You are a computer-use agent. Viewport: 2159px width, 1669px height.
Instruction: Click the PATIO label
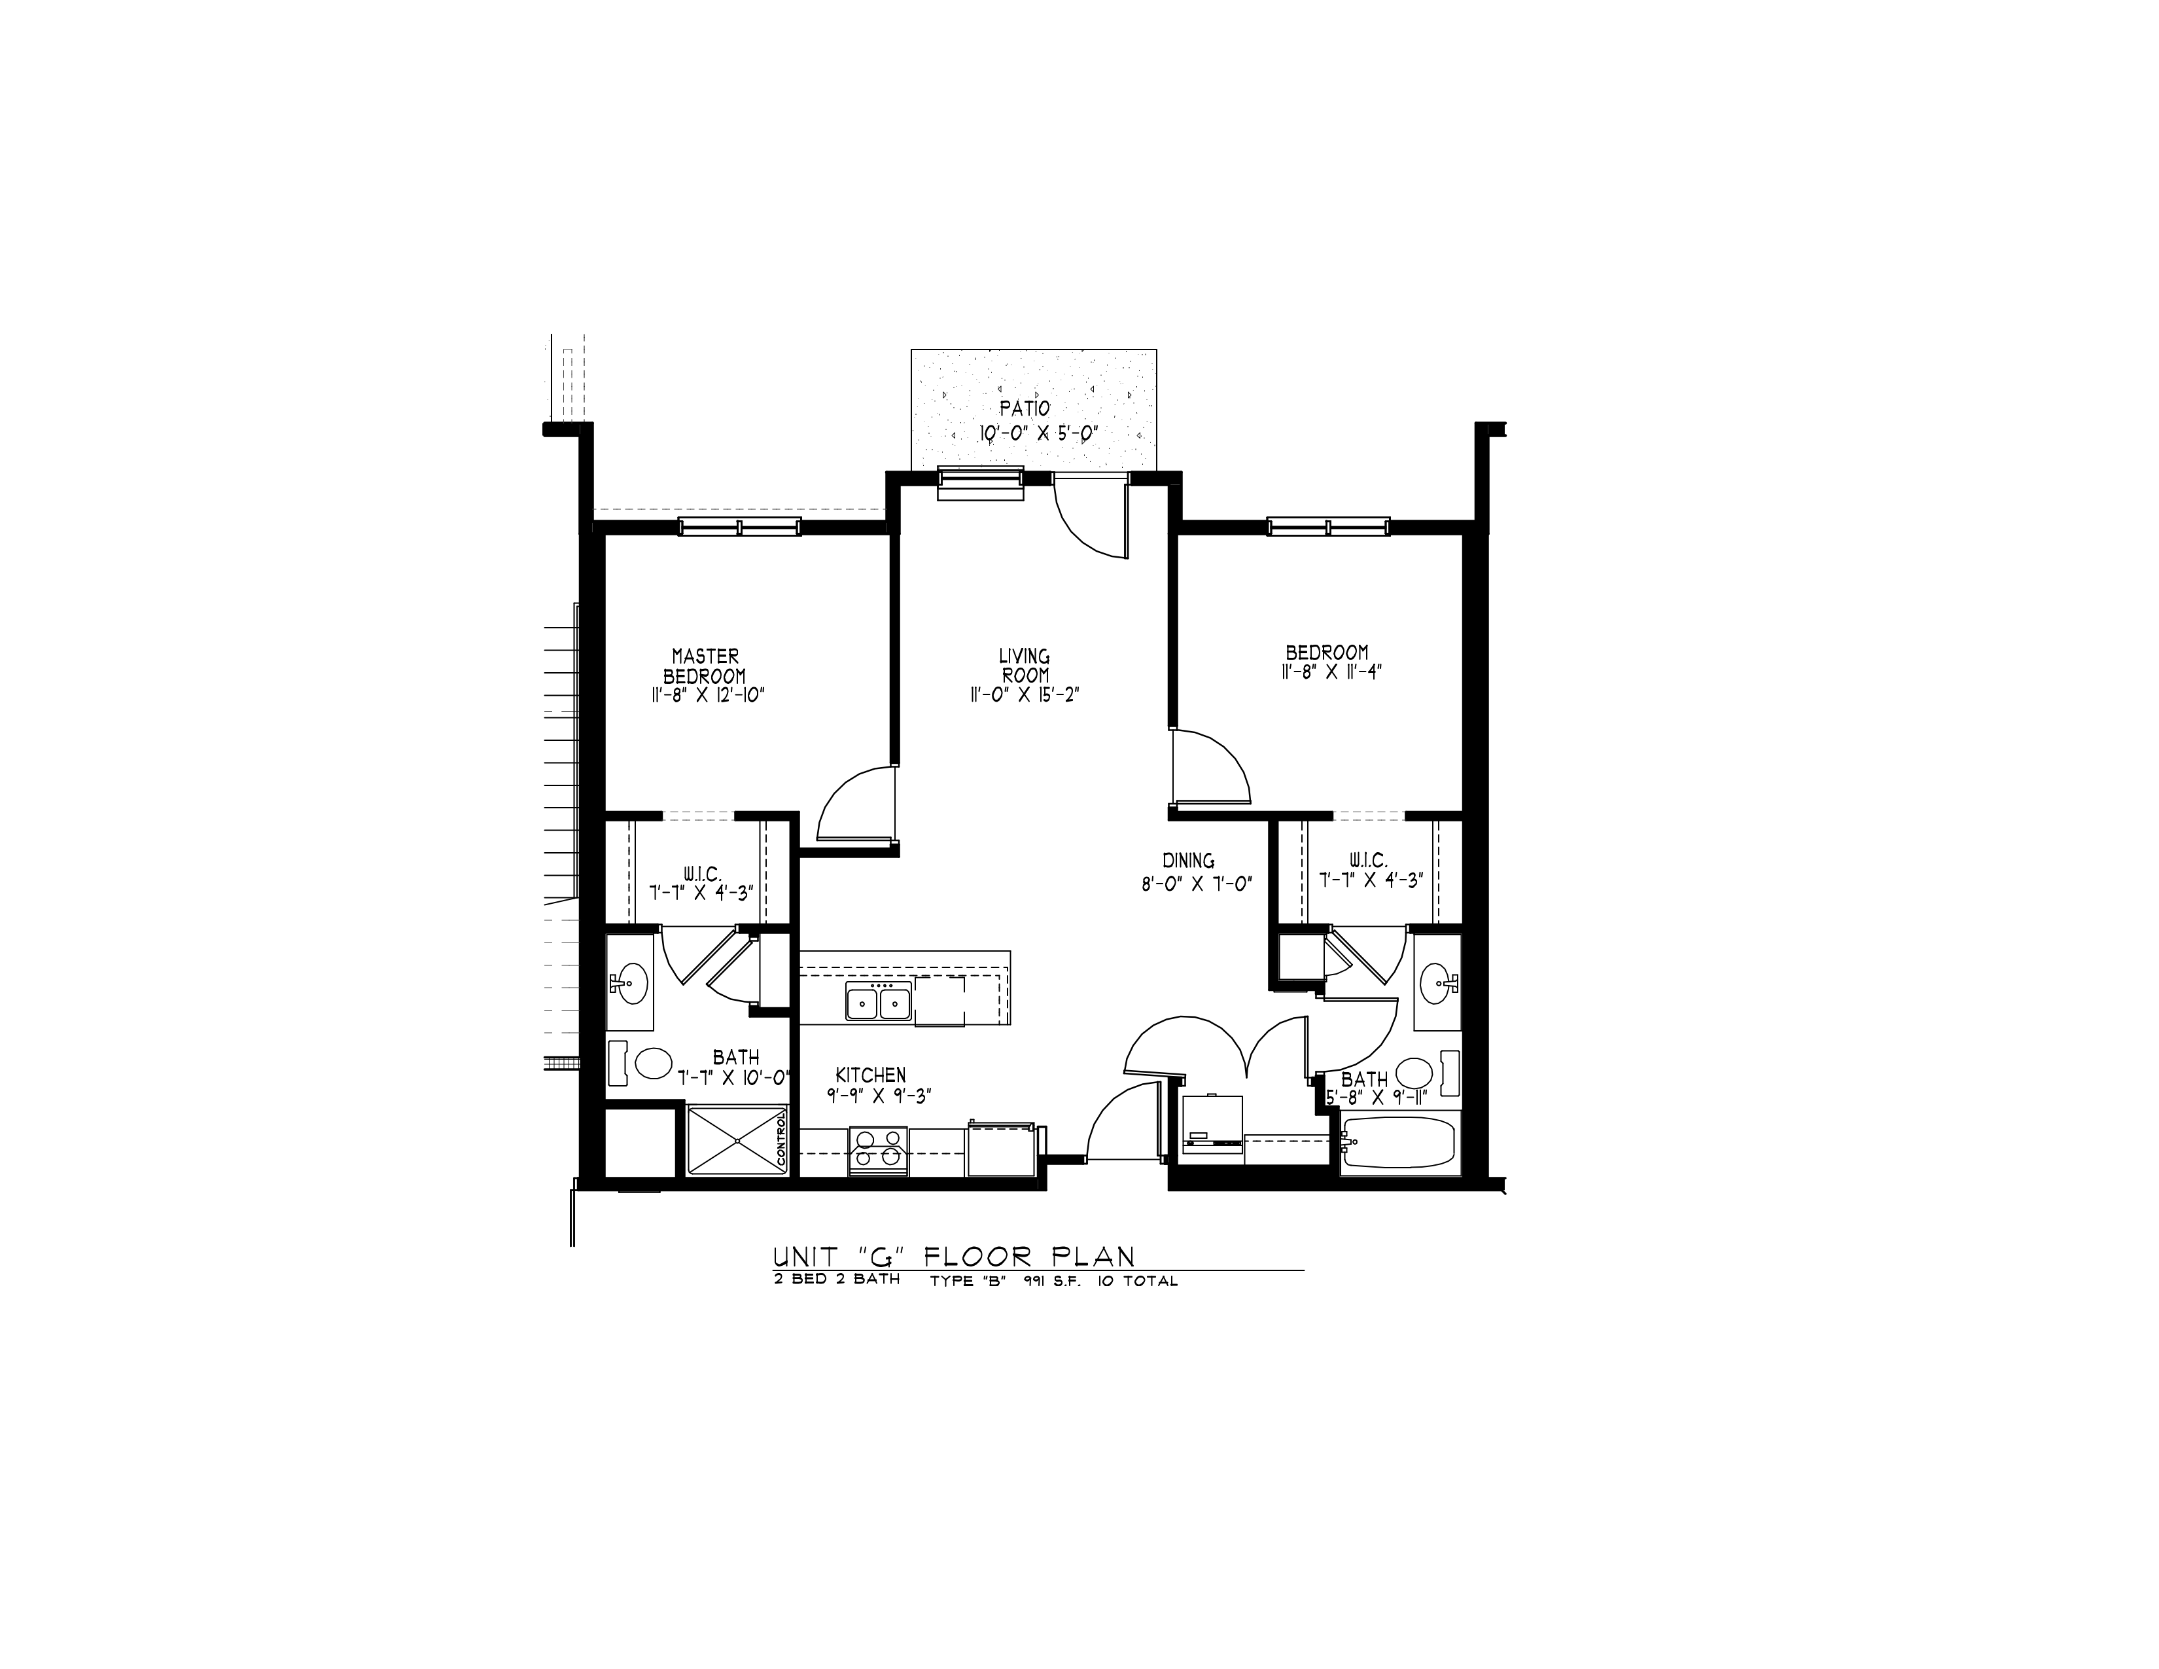coord(1024,407)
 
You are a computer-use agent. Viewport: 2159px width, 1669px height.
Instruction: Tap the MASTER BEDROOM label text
coord(705,666)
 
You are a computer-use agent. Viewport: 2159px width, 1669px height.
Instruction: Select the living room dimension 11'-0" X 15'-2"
coord(1023,695)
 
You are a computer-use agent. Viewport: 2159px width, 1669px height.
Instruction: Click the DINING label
coord(1188,861)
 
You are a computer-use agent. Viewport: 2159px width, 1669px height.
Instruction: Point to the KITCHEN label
coord(870,1075)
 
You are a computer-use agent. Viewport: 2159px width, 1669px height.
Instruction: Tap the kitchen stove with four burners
coord(878,1152)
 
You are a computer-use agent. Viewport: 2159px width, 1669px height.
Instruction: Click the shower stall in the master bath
coord(737,1141)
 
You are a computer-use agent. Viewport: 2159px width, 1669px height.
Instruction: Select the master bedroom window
coord(739,527)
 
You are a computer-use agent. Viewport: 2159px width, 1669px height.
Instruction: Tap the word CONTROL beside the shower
coord(781,1140)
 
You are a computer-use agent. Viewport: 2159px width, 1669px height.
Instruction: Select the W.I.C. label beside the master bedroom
coord(702,874)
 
